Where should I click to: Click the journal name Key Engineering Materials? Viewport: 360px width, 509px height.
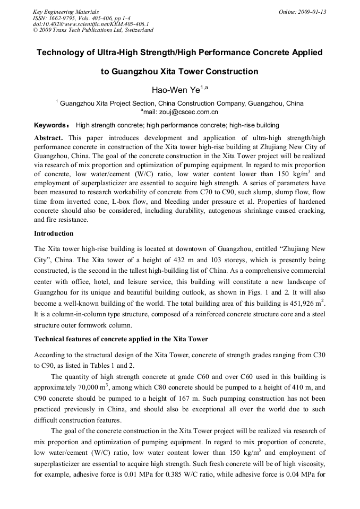66,12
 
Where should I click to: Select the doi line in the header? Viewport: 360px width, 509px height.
91,24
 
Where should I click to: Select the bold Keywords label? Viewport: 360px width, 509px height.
51,125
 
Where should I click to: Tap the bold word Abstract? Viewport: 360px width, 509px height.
48,137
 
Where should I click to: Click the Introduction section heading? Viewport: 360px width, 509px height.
54,233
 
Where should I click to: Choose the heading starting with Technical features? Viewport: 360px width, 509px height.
121,339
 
